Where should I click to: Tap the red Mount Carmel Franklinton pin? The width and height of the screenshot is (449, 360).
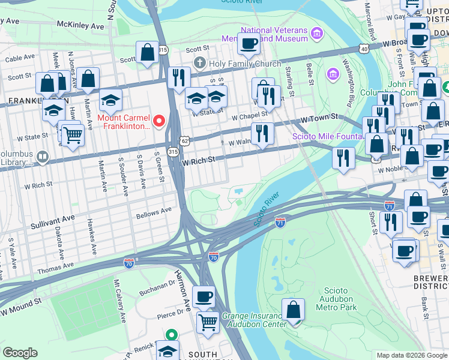159,121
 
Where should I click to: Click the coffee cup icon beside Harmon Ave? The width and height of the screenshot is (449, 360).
203,296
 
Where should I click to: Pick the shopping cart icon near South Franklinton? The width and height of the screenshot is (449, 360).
208,322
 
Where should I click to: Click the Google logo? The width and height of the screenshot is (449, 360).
19,353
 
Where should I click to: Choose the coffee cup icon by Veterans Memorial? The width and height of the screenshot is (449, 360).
249,43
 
